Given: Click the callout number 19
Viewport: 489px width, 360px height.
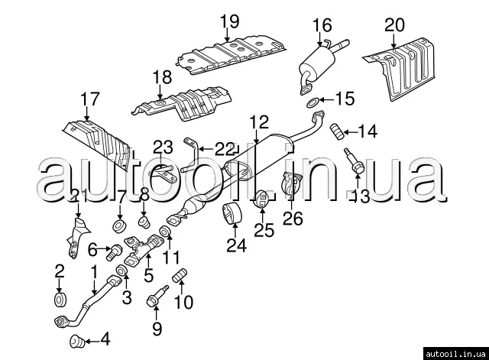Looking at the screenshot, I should coord(228,21).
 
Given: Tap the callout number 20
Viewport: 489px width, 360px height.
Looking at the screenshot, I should coord(394,25).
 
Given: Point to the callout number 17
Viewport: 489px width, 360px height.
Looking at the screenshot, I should coord(89,99).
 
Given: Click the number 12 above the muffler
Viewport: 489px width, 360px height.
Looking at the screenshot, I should coord(258,120).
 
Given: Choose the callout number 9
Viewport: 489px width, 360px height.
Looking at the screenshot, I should coord(157,329).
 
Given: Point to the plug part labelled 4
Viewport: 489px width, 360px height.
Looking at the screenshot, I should coord(76,340).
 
